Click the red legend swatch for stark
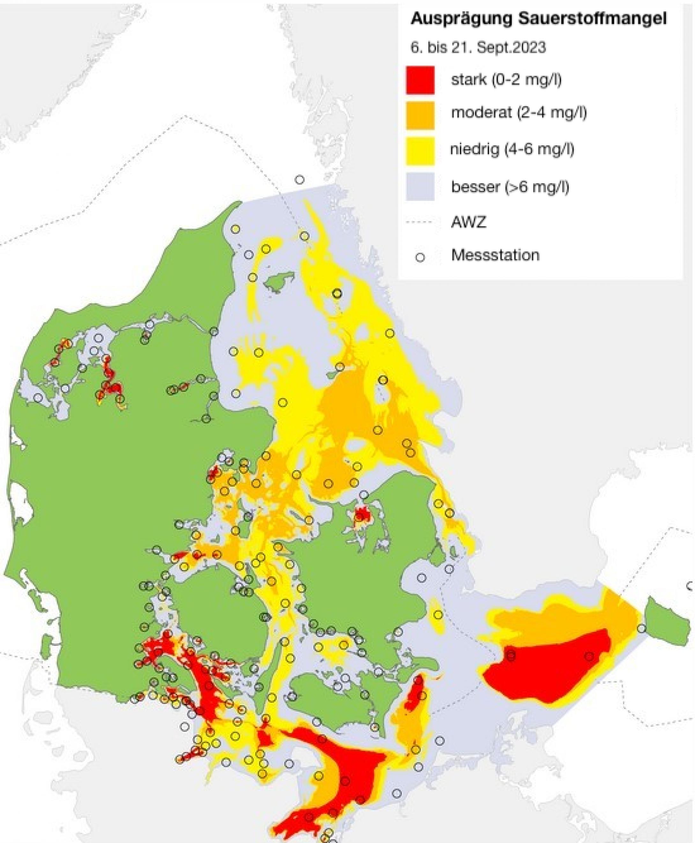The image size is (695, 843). pos(420,80)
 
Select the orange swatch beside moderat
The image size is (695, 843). pos(420,115)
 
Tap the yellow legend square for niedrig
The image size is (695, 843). pos(420,151)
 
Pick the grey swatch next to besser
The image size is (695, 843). pos(420,187)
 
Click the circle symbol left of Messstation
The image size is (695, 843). pos(419,257)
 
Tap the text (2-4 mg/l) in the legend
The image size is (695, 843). pos(552,113)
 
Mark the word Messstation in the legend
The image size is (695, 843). pos(495,255)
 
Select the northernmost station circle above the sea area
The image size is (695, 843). pos(299,180)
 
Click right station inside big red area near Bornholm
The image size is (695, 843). pos(589,656)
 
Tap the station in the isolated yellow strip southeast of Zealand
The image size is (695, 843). pos(438,614)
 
